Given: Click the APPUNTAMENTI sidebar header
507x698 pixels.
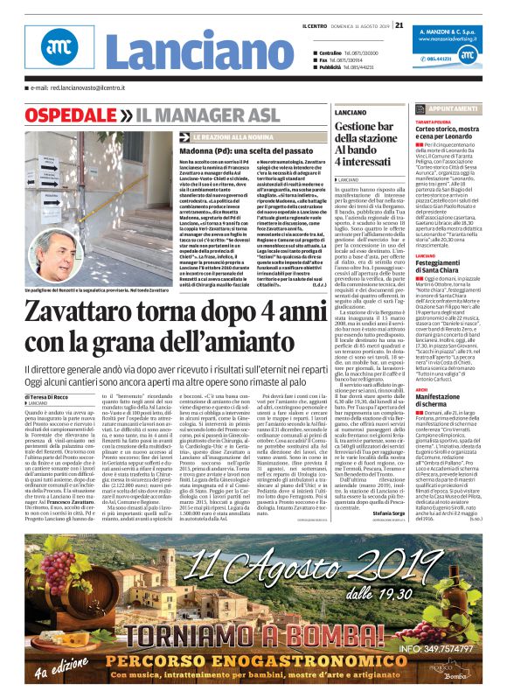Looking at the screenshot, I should pos(471,108).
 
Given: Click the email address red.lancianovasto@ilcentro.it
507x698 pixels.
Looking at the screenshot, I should pos(89,87).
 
